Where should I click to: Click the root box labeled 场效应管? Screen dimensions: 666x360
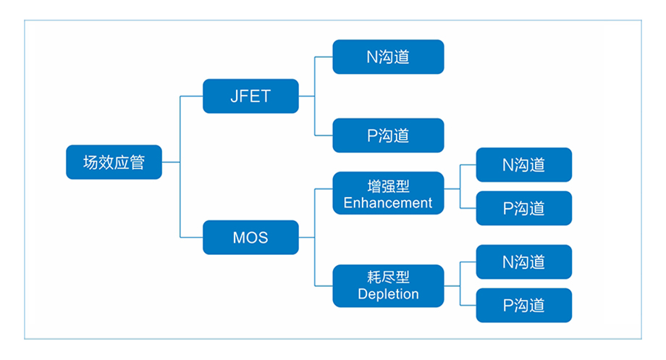pyautogui.click(x=114, y=162)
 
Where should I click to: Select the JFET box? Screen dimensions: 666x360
pyautogui.click(x=250, y=96)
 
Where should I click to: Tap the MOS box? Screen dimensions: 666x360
pyautogui.click(x=250, y=237)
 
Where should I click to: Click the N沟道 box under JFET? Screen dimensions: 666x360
pyautogui.click(x=388, y=57)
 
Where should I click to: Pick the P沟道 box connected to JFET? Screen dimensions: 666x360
pyautogui.click(x=388, y=135)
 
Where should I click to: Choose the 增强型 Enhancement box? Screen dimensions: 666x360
pyautogui.click(x=388, y=193)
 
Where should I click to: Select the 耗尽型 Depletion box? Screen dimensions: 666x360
pyautogui.click(x=388, y=285)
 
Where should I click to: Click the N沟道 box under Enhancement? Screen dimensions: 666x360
pyautogui.click(x=523, y=164)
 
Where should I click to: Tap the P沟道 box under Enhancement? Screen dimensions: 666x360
pyautogui.click(x=523, y=209)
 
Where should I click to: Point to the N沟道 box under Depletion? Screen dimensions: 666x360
pyautogui.click(x=523, y=261)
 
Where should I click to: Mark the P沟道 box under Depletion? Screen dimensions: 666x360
pyautogui.click(x=523, y=305)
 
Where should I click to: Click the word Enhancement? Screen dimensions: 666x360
pyautogui.click(x=388, y=203)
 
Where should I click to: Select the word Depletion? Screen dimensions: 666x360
pyautogui.click(x=388, y=294)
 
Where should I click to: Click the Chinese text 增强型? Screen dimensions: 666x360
pyautogui.click(x=388, y=186)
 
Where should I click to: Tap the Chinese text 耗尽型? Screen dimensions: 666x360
pyautogui.click(x=388, y=277)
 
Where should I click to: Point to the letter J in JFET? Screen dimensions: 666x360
pyautogui.click(x=235, y=96)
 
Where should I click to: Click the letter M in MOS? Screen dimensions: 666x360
pyautogui.click(x=239, y=238)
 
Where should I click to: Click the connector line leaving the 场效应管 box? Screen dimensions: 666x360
pyautogui.click(x=171, y=162)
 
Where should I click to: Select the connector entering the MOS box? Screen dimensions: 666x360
pyautogui.click(x=191, y=237)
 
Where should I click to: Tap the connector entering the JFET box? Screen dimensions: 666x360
pyautogui.click(x=191, y=96)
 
